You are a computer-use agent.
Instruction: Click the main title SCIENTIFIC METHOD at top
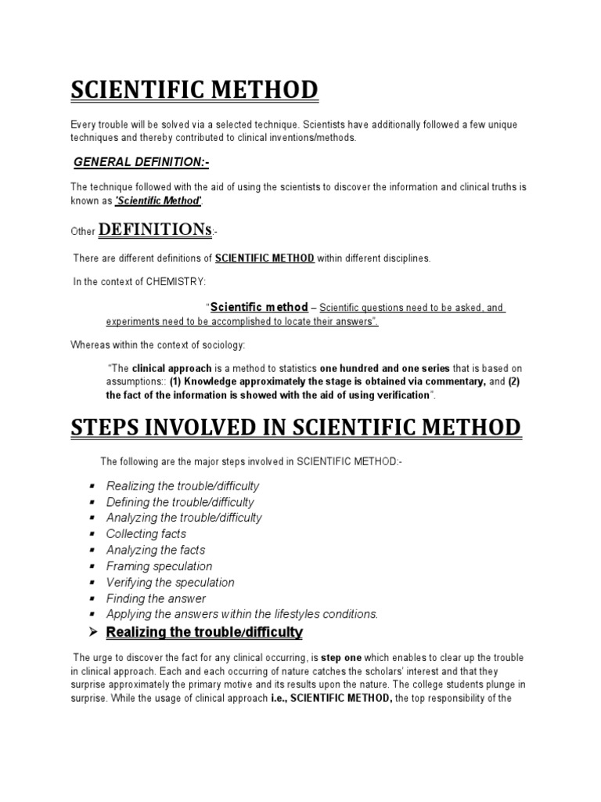pyautogui.click(x=195, y=90)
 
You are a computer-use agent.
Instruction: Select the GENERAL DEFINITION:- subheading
pyautogui.click(x=142, y=161)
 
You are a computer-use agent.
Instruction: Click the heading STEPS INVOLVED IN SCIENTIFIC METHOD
pyautogui.click(x=295, y=428)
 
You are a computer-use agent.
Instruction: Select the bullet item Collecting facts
pyautogui.click(x=146, y=533)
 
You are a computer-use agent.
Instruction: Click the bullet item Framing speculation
pyautogui.click(x=159, y=566)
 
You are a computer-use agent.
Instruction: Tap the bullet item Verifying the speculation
pyautogui.click(x=170, y=582)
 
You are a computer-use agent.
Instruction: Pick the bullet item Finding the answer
pyautogui.click(x=156, y=598)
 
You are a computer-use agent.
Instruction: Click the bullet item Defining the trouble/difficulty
pyautogui.click(x=180, y=502)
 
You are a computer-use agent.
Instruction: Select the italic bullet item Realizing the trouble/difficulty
pyautogui.click(x=182, y=486)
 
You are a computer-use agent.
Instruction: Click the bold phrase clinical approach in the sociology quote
pyautogui.click(x=177, y=367)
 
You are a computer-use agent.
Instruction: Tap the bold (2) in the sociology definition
pyautogui.click(x=514, y=381)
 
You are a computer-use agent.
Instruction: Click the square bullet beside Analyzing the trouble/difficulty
pyautogui.click(x=92, y=518)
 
